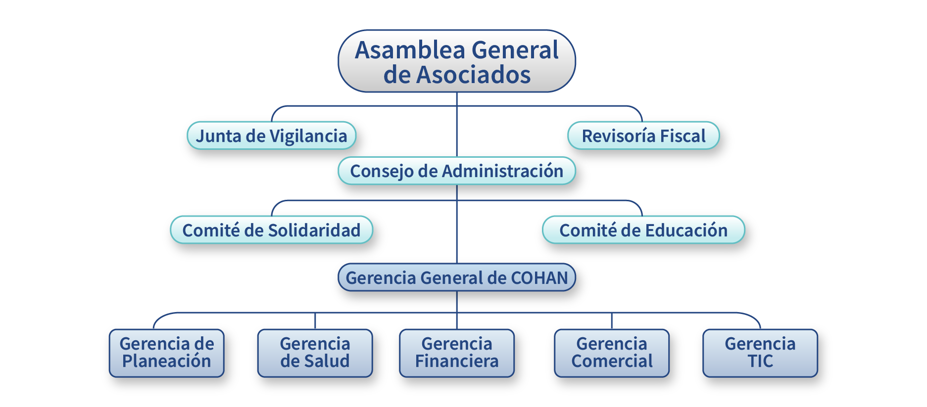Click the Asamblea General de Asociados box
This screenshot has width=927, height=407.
click(x=456, y=61)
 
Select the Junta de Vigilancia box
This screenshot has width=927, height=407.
click(x=271, y=136)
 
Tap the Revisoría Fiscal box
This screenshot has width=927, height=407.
click(x=643, y=136)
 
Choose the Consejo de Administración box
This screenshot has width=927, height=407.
click(x=456, y=171)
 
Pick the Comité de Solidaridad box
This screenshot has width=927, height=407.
click(x=271, y=230)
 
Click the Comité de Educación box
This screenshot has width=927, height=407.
click(x=643, y=230)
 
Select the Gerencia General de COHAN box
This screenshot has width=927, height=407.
click(x=456, y=277)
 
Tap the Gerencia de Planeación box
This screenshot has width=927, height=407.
click(x=167, y=353)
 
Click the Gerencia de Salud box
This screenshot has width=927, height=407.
click(x=315, y=353)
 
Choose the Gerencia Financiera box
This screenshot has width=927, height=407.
click(x=456, y=353)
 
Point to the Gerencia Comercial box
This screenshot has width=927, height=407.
click(x=612, y=353)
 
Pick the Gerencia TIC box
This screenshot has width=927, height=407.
click(x=760, y=353)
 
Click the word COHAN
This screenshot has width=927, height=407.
click(x=539, y=278)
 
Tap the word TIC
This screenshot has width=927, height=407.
click(x=760, y=362)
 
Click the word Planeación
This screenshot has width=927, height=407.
click(x=167, y=362)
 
